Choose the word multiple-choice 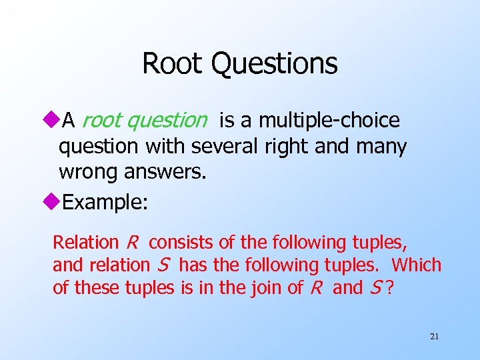pyautogui.click(x=329, y=121)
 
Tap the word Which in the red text pyautogui.click(x=416, y=265)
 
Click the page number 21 pyautogui.click(x=434, y=336)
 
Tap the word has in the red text pyautogui.click(x=193, y=265)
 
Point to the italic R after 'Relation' pyautogui.click(x=131, y=242)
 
